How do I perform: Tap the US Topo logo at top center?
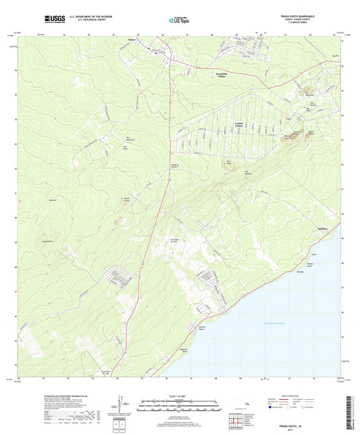point(174,21)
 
